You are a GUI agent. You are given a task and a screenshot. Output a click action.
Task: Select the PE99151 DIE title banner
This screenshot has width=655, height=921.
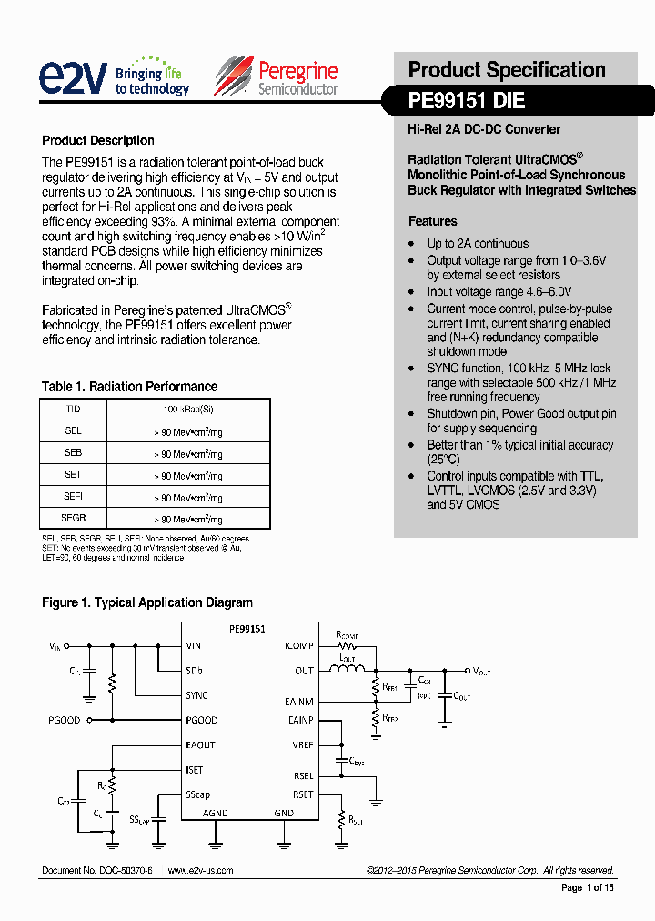coord(467,102)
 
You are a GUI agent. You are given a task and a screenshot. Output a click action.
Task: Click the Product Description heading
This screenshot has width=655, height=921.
coord(98,140)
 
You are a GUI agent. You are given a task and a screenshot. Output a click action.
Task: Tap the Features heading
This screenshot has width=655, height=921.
coord(432,221)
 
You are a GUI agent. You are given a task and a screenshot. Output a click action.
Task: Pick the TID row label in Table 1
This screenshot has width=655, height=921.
coord(74,410)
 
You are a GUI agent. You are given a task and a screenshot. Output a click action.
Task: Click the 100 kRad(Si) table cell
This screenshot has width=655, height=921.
coord(188,410)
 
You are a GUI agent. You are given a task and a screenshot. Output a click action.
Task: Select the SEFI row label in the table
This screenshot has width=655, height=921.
coord(74,496)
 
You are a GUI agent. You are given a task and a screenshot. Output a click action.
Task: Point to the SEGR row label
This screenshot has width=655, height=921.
coord(74,518)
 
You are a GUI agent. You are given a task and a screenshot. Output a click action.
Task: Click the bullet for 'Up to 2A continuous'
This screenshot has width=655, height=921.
coord(412,244)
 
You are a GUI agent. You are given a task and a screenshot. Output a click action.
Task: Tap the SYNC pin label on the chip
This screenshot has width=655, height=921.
coord(196,695)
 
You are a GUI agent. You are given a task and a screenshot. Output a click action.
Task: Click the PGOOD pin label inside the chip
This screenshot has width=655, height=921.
coord(201,720)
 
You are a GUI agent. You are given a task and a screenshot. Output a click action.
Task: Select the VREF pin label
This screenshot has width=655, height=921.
coord(301,744)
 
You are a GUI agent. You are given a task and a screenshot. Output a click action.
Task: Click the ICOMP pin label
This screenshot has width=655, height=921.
coord(299,646)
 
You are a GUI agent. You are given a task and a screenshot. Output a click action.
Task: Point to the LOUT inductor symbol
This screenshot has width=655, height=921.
coord(347,671)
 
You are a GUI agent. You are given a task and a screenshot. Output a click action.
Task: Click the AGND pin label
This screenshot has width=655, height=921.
coord(216,813)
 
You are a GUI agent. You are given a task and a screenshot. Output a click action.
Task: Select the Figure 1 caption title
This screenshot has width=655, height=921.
coord(147,602)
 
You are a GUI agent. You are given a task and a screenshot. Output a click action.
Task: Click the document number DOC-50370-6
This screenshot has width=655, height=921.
coord(97,871)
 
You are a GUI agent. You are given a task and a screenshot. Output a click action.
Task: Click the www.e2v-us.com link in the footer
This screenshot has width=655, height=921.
coord(200,871)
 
